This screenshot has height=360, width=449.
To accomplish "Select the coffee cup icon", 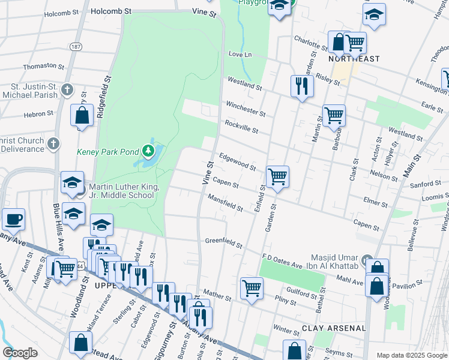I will coord(13,220).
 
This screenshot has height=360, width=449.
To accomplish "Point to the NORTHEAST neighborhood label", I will coord(354,59).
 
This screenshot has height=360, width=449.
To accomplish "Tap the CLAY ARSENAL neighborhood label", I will coord(333,328).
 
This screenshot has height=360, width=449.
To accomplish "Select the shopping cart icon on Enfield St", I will coord(277,177).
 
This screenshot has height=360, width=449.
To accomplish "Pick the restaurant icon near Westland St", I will coord(301,86).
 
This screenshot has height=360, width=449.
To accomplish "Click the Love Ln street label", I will coord(239,55).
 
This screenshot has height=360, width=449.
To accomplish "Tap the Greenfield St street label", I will coord(223,244).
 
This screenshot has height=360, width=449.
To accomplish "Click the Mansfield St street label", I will coord(225,203).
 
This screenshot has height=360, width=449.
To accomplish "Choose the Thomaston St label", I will coord(43,66).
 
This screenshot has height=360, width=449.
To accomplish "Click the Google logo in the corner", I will coord(20,353).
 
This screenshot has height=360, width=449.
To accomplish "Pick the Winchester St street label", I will coord(245,109).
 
